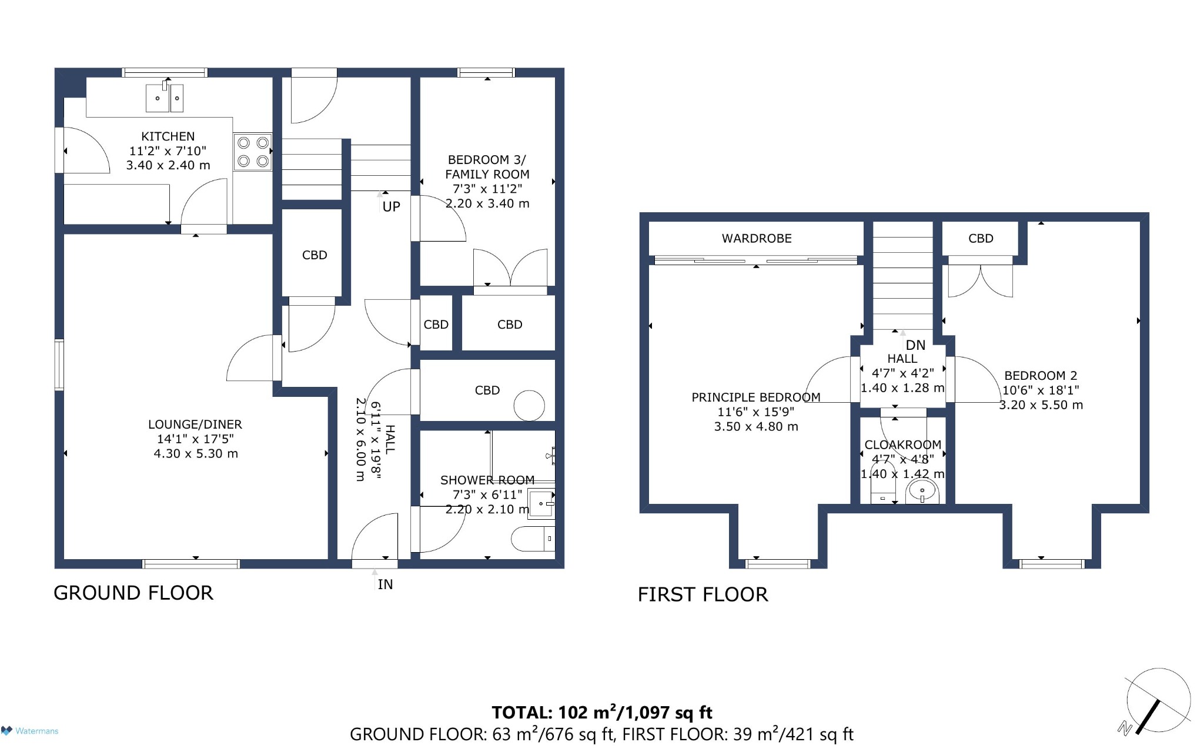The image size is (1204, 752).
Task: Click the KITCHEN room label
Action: click(x=168, y=151)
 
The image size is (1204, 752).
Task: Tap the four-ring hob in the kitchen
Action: click(x=253, y=152)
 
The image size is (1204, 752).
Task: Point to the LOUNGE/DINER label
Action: click(x=195, y=439)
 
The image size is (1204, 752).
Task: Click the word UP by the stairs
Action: click(x=392, y=207)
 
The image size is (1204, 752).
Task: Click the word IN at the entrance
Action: click(x=385, y=584)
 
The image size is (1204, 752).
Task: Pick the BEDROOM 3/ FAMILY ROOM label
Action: click(x=487, y=182)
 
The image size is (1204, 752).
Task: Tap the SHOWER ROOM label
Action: click(x=487, y=494)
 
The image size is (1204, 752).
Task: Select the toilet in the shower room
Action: click(x=533, y=539)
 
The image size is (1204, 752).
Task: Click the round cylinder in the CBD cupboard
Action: click(x=529, y=406)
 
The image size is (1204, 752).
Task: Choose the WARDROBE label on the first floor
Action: click(x=757, y=239)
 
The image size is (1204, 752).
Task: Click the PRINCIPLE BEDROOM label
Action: click(x=756, y=412)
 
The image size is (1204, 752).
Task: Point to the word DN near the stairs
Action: click(x=915, y=346)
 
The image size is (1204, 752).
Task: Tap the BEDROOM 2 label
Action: click(x=1041, y=390)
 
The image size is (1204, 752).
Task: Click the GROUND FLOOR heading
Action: click(x=133, y=593)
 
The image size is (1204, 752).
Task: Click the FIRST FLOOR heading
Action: click(x=703, y=594)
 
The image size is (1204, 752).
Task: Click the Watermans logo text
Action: click(x=36, y=731)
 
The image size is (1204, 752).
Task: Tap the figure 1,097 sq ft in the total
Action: click(x=668, y=713)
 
